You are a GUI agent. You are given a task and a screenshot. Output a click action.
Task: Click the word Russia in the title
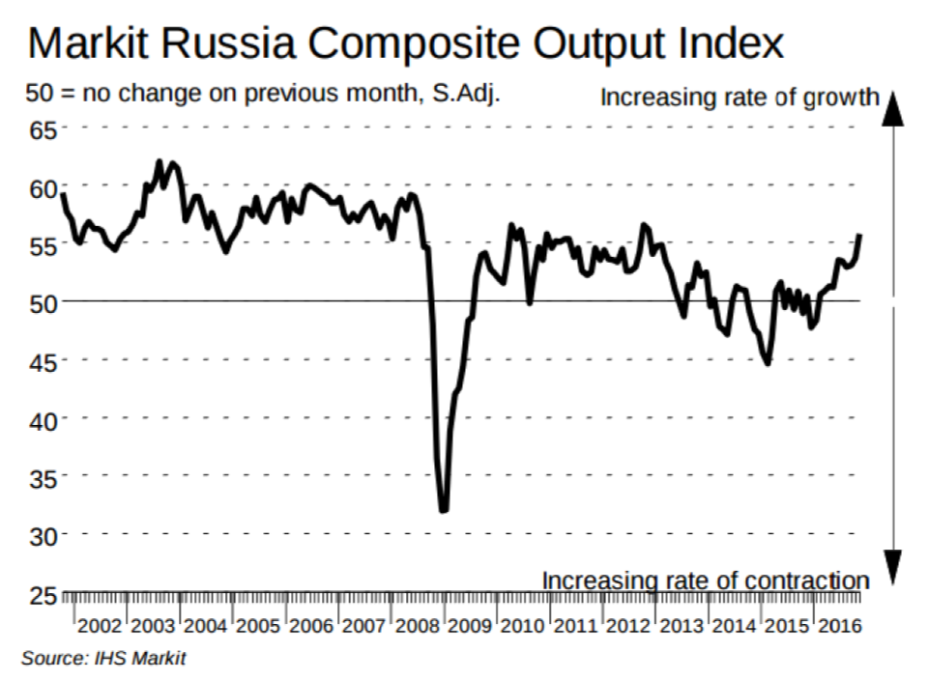[228, 42]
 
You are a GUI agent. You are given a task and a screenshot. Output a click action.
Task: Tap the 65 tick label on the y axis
[43, 130]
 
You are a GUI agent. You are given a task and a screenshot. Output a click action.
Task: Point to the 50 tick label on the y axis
[43, 303]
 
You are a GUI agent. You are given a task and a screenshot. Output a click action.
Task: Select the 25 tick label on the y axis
[43, 595]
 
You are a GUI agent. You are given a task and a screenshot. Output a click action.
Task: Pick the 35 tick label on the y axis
[43, 478]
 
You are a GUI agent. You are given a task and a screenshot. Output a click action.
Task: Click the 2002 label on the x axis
[100, 626]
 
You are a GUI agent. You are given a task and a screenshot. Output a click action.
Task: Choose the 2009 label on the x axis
[470, 626]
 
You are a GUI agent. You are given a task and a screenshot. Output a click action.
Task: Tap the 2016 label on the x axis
[840, 626]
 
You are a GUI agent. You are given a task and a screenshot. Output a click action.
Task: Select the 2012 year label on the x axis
[628, 626]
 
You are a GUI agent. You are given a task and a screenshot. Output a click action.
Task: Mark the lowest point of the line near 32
[444, 510]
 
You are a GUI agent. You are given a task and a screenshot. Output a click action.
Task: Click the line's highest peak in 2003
[159, 161]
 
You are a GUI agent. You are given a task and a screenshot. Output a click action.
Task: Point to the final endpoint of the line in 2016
[859, 236]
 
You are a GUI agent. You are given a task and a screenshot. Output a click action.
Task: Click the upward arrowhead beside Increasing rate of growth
[892, 109]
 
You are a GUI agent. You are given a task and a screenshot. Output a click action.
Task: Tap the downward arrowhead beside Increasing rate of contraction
[892, 567]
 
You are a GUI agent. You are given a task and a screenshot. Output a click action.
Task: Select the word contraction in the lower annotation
[806, 581]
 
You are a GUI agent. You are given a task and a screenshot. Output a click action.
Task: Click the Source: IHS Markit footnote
[103, 658]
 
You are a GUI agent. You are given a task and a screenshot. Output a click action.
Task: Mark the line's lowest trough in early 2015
[768, 363]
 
